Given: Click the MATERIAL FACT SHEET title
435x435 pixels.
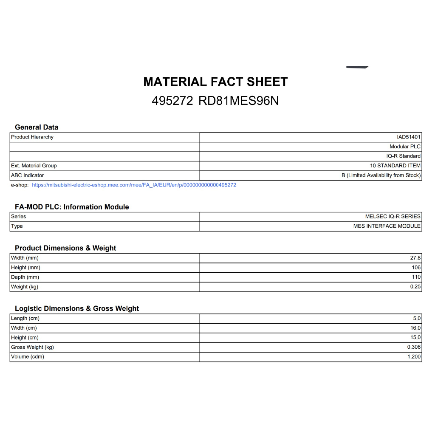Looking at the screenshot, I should coord(215,82).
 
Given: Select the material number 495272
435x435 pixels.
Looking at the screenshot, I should coord(172,101).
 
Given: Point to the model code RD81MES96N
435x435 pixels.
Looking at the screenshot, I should coord(239,101).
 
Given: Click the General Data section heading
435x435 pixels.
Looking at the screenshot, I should coord(37,127).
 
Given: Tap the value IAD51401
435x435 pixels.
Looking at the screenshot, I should coord(409,137).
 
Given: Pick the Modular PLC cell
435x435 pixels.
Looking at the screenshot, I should coord(405,147).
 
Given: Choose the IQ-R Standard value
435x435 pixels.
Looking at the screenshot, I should coord(403,156).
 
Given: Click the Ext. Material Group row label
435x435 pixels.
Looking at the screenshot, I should coord(34,166).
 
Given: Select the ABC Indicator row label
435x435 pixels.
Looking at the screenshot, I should coord(27,175).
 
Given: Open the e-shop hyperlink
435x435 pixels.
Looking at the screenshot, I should coord(134,185).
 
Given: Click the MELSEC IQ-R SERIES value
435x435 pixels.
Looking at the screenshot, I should coord(393,217).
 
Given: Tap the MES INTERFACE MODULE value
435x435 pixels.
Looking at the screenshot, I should coord(387,226).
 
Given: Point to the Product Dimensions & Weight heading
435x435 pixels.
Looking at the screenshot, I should coord(65,248).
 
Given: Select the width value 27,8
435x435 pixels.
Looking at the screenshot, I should coord(415,258).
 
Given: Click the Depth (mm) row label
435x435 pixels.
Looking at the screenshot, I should coord(25,277).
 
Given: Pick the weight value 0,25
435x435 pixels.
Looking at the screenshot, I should coord(415,287).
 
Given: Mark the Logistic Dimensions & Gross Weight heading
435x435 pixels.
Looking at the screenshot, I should coord(77,308).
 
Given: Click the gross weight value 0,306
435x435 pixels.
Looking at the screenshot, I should coord(414,347).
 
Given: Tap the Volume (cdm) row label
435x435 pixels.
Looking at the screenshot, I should coord(28,356).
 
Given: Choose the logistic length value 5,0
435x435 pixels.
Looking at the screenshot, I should coord(417,318).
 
